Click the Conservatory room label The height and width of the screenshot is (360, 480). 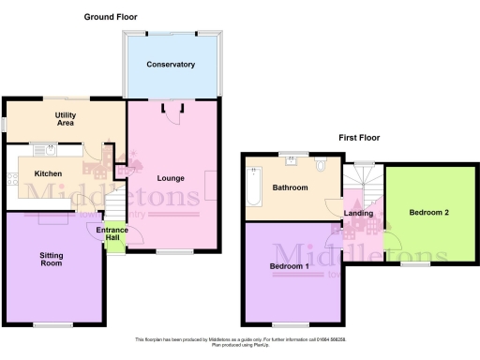pyautogui.click(x=171, y=65)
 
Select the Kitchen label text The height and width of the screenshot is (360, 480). pyautogui.click(x=49, y=173)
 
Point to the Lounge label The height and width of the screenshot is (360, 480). pyautogui.click(x=170, y=178)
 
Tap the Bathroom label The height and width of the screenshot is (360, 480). pyautogui.click(x=291, y=187)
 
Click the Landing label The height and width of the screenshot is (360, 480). pyautogui.click(x=359, y=213)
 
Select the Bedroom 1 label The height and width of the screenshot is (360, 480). pyautogui.click(x=291, y=265)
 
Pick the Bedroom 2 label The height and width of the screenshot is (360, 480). pyautogui.click(x=428, y=213)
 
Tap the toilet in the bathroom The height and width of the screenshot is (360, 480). pyautogui.click(x=322, y=165)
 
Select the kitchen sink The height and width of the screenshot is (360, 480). pyautogui.click(x=42, y=151)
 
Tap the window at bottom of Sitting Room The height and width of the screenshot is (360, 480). pyautogui.click(x=52, y=324)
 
